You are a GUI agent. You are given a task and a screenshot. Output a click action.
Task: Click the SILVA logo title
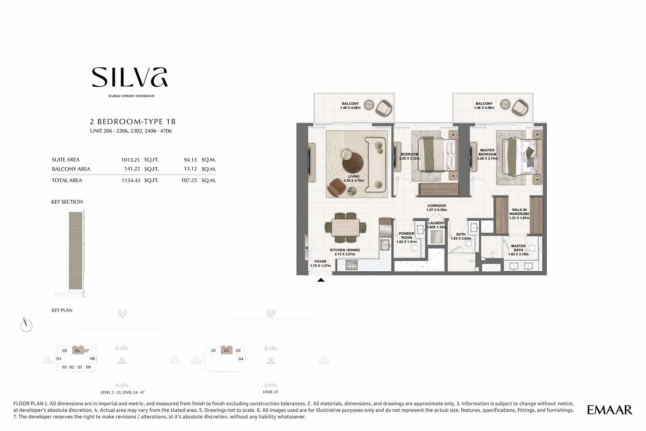(x=130, y=77)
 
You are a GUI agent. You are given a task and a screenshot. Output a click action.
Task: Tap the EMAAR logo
(x=609, y=410)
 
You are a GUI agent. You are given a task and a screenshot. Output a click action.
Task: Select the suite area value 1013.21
(x=130, y=160)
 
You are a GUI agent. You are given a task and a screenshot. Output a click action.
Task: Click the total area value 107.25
(x=189, y=180)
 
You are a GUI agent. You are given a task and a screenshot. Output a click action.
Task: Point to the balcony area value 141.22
(x=132, y=169)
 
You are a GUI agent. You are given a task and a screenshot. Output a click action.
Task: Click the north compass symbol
(x=26, y=325)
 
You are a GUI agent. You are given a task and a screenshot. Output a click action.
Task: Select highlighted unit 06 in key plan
(x=78, y=351)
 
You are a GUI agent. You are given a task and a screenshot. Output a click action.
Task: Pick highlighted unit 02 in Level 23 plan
(x=226, y=350)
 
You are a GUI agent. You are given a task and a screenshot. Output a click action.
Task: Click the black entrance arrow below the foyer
(x=321, y=280)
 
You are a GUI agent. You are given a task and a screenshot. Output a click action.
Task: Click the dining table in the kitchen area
(x=345, y=227)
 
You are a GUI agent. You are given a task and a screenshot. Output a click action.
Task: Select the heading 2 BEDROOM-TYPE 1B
(x=133, y=122)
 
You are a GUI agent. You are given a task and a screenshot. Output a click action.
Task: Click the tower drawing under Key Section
(x=76, y=250)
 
